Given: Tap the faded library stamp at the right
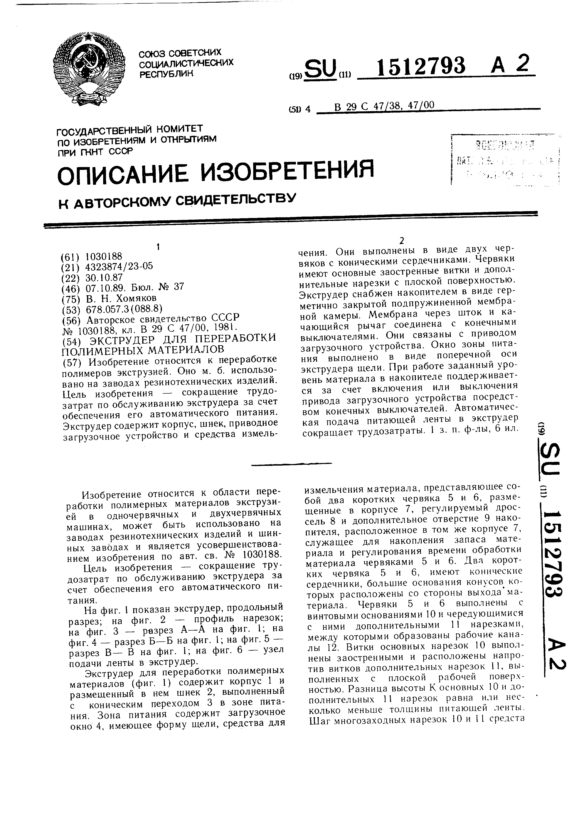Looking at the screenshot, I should (505, 159).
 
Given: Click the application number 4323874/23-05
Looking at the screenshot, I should (119, 267).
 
